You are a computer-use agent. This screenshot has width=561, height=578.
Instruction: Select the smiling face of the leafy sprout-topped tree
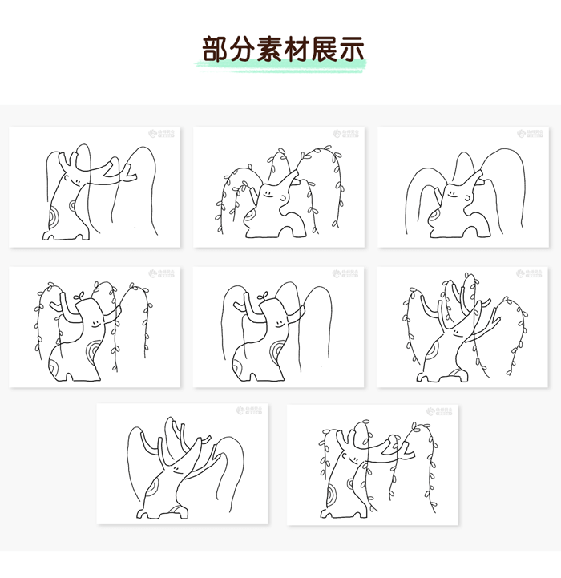(95, 320)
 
